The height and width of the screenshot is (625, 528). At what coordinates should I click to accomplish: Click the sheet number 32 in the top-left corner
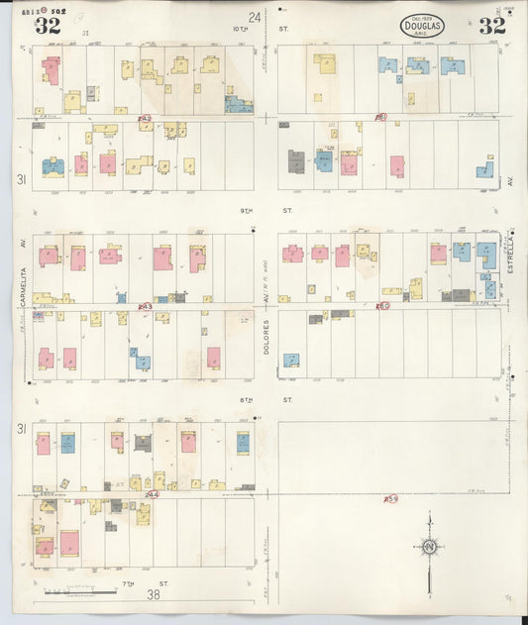pos(47,26)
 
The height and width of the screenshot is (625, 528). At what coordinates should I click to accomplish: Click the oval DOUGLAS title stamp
pos(423,26)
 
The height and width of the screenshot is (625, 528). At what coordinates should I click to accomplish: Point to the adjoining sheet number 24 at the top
pos(255,17)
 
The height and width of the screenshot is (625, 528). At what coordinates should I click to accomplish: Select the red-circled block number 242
pos(146,119)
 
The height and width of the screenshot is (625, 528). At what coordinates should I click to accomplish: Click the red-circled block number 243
pos(146,307)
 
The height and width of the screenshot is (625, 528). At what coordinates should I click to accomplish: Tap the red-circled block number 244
pos(152,493)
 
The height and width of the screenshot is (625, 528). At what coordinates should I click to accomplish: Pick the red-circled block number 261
pos(381,118)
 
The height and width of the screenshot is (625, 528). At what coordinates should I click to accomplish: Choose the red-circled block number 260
pos(382,306)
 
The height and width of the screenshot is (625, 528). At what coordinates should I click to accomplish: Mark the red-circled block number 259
pos(391,498)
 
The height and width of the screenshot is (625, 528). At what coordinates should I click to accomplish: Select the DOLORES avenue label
pos(266,336)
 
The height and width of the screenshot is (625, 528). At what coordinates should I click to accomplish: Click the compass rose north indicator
pos(430,546)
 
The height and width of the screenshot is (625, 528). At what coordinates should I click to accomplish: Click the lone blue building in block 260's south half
pos(292,361)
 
